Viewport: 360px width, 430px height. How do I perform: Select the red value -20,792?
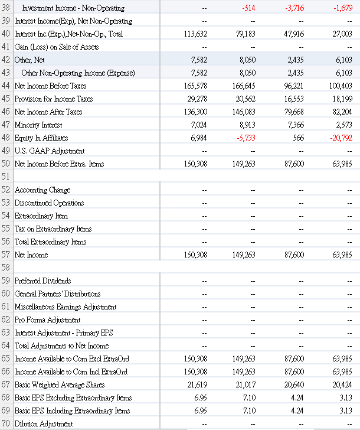[x=341, y=138]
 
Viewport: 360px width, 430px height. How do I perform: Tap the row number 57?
[x=6, y=255]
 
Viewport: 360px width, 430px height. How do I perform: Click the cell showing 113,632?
[x=195, y=34]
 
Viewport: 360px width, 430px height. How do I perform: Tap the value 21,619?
[x=195, y=385]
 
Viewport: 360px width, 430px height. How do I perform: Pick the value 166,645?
[x=244, y=86]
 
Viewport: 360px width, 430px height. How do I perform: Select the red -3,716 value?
[x=294, y=8]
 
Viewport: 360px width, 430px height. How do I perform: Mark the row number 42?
[x=6, y=60]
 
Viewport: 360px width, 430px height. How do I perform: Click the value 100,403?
[x=341, y=86]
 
